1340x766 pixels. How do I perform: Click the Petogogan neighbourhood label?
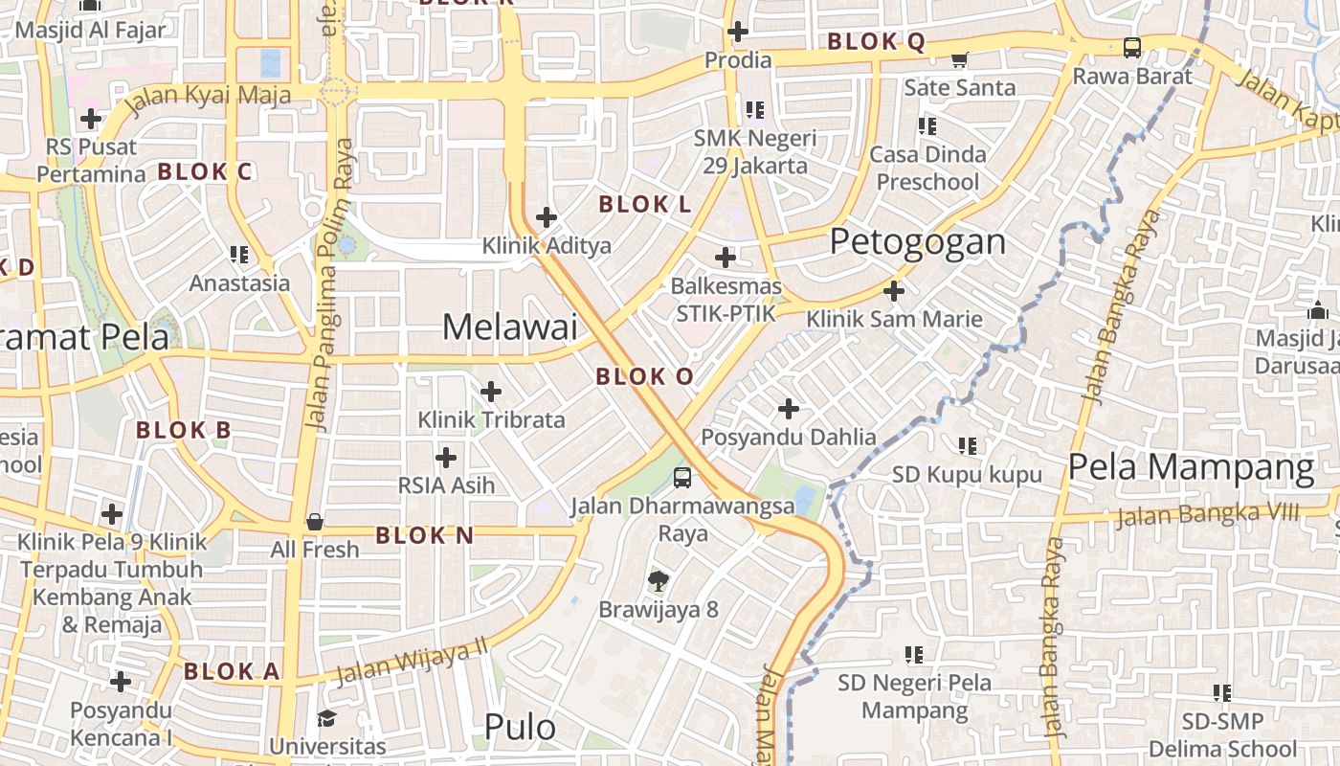[917, 241]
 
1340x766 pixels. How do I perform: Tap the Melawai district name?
[509, 327]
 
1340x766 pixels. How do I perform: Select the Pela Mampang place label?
[1191, 467]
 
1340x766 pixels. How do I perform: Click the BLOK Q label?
[876, 41]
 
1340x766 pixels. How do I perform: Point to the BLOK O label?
[644, 376]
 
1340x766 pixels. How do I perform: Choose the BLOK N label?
[424, 535]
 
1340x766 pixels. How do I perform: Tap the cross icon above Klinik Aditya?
[547, 217]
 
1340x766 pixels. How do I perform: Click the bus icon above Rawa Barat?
[1132, 47]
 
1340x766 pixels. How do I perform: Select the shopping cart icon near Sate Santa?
[960, 59]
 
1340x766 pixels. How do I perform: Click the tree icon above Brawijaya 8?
[658, 580]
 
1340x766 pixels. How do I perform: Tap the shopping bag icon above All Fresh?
[314, 522]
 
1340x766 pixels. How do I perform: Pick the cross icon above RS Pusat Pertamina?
[91, 119]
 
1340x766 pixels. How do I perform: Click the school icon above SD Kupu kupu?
[968, 445]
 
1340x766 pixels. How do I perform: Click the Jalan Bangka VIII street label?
[1208, 515]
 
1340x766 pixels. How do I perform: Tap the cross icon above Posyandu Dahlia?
[789, 410]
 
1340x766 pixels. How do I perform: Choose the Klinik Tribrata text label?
[491, 419]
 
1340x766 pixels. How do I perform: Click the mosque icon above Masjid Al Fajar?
[90, 6]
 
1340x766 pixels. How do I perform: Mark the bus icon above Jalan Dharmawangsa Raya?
[682, 477]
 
